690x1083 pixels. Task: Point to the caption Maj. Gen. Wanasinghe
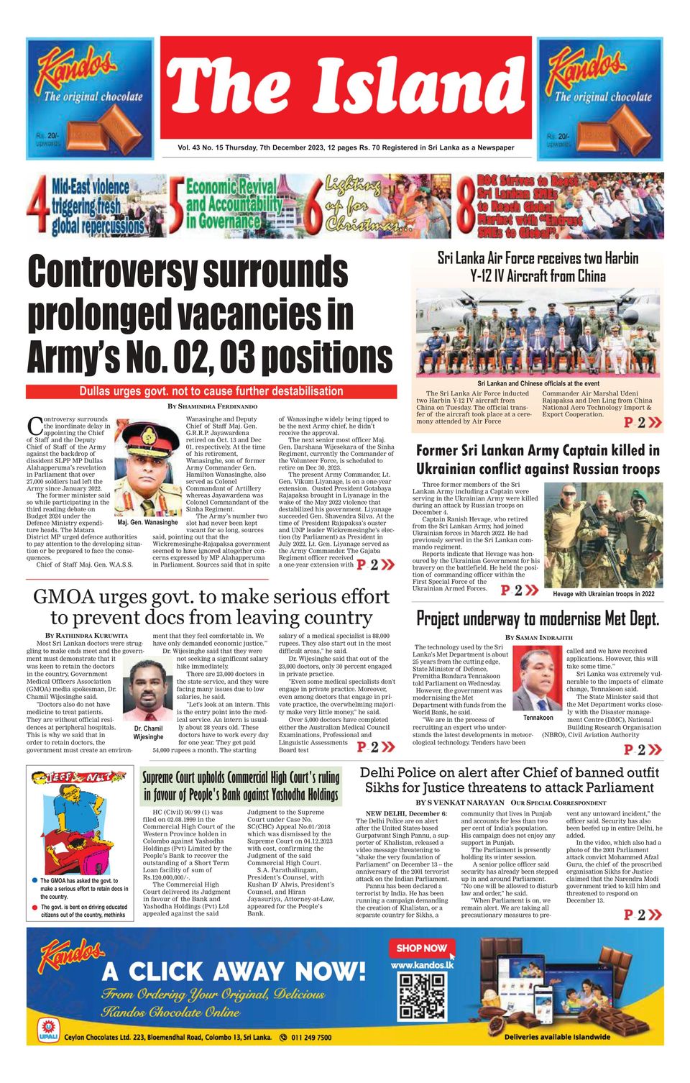[147, 523]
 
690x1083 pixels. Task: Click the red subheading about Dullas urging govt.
[211, 391]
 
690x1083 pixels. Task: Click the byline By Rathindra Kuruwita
[86, 636]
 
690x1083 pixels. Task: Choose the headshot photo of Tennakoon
[538, 679]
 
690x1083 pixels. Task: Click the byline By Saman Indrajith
[538, 637]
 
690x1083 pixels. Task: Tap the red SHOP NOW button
[422, 949]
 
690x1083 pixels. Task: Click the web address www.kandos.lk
[422, 965]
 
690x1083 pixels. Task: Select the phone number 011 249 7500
[311, 1038]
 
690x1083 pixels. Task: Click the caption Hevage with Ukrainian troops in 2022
[603, 594]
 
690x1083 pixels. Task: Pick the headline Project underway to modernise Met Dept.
[538, 618]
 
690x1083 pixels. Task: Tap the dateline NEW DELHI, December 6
[401, 813]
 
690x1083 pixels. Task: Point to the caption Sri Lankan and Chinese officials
[538, 384]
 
